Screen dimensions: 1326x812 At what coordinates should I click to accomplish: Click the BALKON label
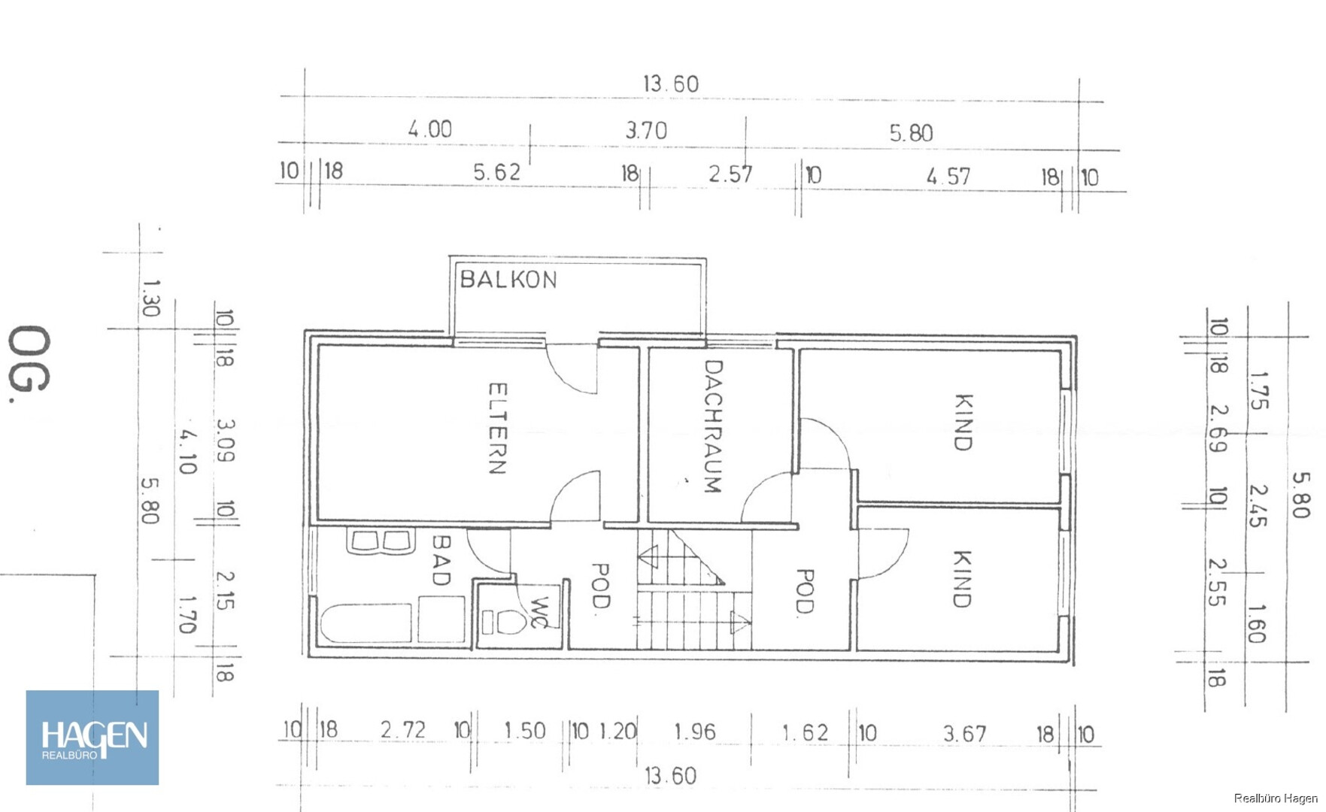pyautogui.click(x=508, y=280)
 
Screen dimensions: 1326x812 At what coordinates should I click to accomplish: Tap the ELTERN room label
pyautogui.click(x=498, y=428)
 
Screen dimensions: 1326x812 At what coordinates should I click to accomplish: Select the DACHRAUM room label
pyautogui.click(x=713, y=426)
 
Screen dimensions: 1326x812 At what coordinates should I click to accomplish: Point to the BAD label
pyautogui.click(x=441, y=559)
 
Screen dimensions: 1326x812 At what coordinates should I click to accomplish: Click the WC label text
pyautogui.click(x=539, y=612)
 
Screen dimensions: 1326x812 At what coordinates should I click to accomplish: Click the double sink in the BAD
pyautogui.click(x=381, y=541)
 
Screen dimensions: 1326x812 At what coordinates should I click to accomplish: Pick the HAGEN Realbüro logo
pyautogui.click(x=93, y=738)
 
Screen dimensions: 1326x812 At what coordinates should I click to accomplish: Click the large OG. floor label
pyautogui.click(x=29, y=364)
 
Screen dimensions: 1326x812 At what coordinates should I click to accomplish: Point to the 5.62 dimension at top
pyautogui.click(x=496, y=172)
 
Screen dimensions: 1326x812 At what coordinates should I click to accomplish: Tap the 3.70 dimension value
pyautogui.click(x=646, y=131)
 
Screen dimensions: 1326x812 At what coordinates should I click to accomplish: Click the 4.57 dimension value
pyautogui.click(x=948, y=177)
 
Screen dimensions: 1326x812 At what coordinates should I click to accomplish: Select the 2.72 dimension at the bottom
pyautogui.click(x=403, y=729)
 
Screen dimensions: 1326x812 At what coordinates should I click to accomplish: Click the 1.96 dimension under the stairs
pyautogui.click(x=695, y=732)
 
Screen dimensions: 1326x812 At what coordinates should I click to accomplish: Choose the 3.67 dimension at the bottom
pyautogui.click(x=965, y=733)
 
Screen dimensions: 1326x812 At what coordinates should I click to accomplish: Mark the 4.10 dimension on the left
pyautogui.click(x=187, y=451)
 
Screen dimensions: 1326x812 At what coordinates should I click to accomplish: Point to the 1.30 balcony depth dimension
pyautogui.click(x=150, y=298)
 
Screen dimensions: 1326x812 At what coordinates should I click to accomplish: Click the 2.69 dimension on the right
pyautogui.click(x=1218, y=429)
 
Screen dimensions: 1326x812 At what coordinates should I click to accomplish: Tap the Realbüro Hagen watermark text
pyautogui.click(x=1276, y=798)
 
